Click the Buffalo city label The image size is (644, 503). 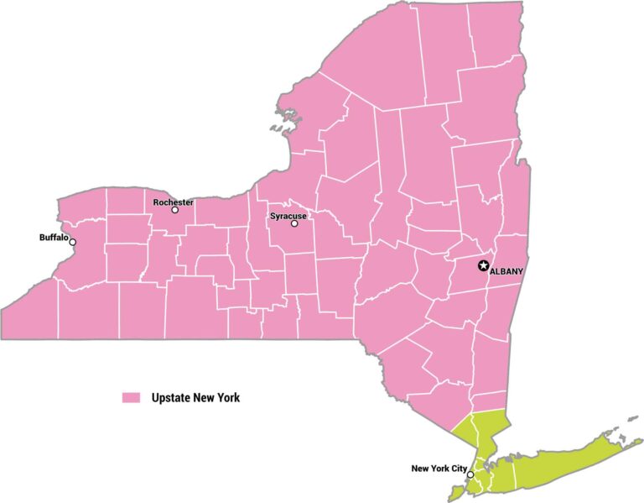tap(53, 238)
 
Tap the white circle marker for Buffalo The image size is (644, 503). tap(73, 243)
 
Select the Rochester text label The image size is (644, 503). tap(173, 202)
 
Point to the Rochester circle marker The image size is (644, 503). tap(175, 210)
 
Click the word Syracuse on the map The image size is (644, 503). tap(288, 216)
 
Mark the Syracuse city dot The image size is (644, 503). tap(294, 223)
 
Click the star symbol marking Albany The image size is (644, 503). tap(483, 266)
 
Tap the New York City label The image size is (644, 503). tap(439, 468)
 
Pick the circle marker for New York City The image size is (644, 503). tap(470, 475)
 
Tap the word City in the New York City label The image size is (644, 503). tap(457, 468)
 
